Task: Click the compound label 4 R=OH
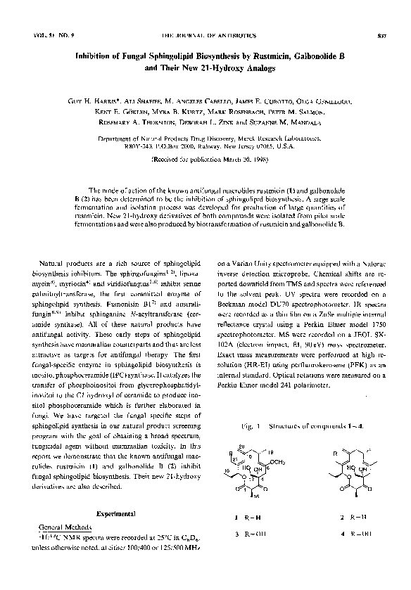(350, 534)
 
